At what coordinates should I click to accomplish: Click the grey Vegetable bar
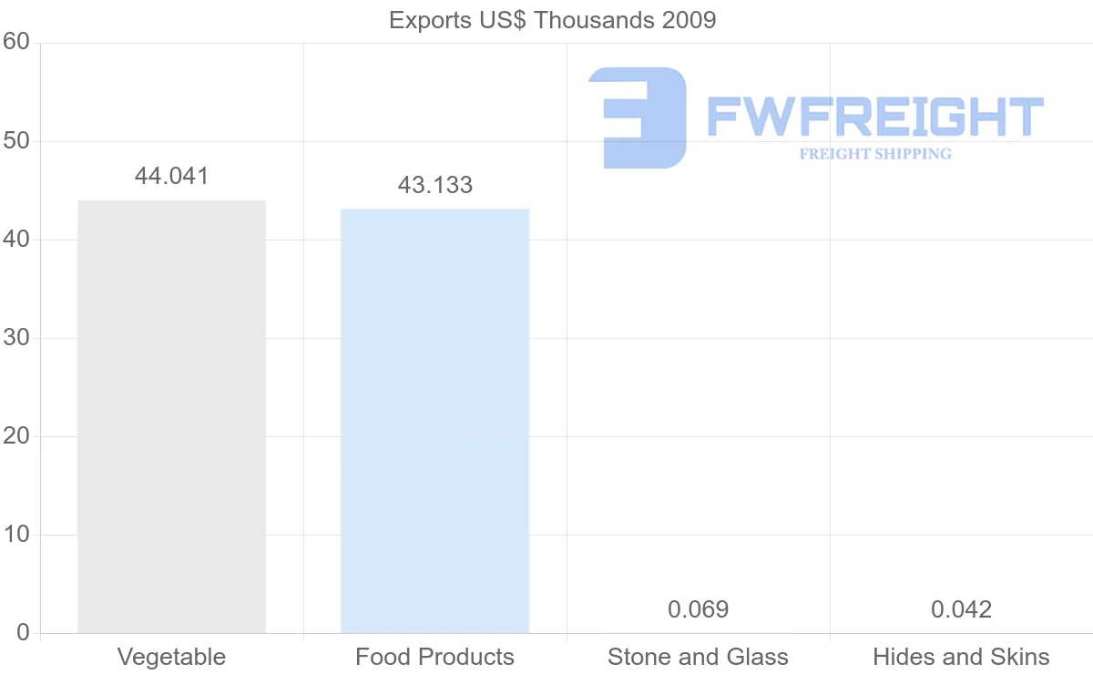(171, 416)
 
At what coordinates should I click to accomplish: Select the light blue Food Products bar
(434, 421)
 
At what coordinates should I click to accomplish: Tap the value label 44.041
(171, 177)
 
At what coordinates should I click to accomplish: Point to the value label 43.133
(434, 186)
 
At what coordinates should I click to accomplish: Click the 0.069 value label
(698, 609)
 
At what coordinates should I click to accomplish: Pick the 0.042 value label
(961, 609)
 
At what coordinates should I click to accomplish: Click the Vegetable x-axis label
(171, 657)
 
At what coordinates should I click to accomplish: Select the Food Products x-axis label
(434, 657)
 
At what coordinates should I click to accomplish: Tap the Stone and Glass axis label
(698, 657)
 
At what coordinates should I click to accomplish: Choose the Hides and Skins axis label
(961, 657)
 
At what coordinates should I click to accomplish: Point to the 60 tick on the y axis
(15, 43)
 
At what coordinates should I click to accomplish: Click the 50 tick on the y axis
(15, 141)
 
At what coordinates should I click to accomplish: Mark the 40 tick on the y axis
(15, 240)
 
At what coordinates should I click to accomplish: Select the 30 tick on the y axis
(15, 338)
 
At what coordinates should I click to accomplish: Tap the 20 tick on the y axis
(15, 436)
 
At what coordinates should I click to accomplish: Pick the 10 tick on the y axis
(15, 535)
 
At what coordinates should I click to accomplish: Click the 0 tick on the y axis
(23, 633)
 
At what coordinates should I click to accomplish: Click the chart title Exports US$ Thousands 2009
(552, 20)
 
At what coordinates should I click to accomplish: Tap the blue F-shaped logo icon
(638, 118)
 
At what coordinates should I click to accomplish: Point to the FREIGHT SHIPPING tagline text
(875, 154)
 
